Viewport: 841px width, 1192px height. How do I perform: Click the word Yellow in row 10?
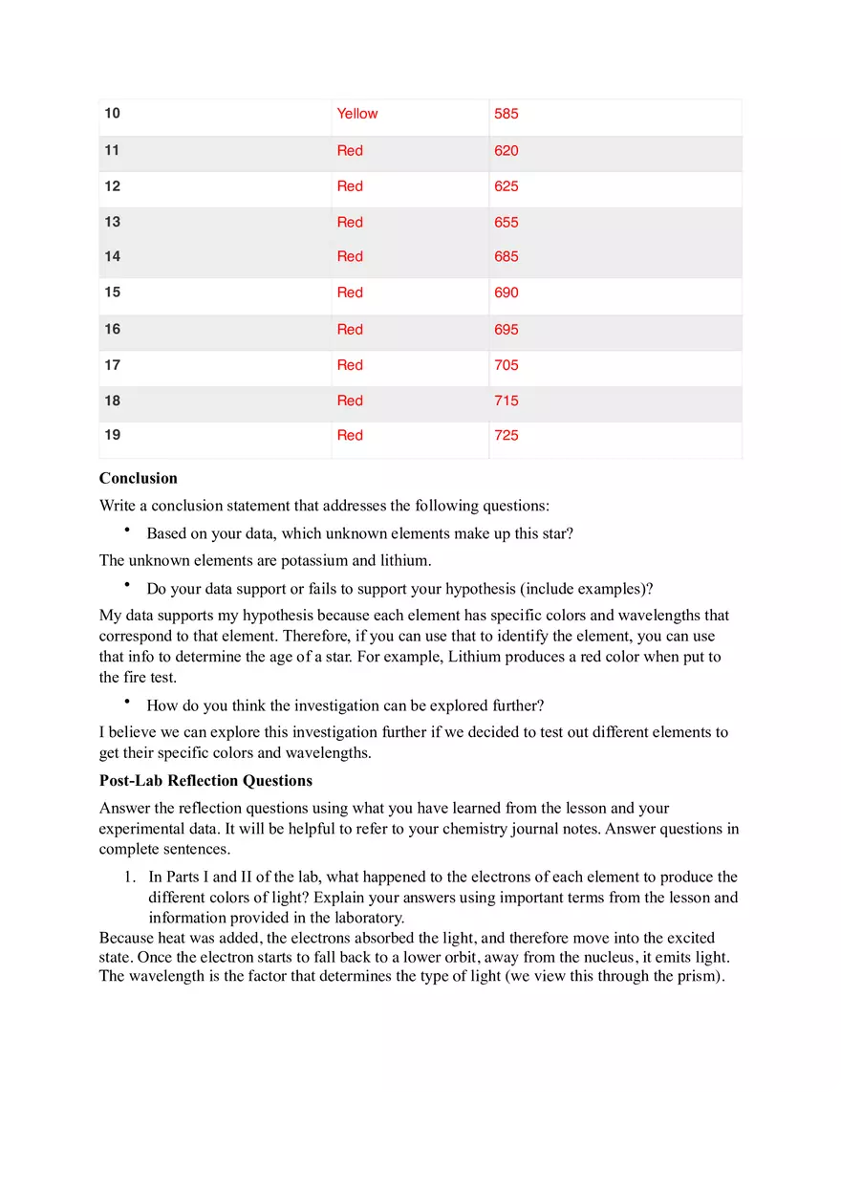(356, 114)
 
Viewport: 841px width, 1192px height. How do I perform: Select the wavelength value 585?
(506, 114)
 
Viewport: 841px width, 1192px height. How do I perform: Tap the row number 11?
(113, 150)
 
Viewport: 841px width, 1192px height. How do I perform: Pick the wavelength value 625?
(506, 186)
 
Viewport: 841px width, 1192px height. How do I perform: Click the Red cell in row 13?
(350, 223)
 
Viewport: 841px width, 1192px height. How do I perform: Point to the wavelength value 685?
(506, 256)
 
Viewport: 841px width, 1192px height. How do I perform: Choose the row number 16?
(113, 329)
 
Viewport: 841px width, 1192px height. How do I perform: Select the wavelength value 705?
(506, 365)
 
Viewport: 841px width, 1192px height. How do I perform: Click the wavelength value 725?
(506, 436)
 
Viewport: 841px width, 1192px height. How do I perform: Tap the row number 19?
(113, 435)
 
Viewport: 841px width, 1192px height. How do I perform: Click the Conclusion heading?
(138, 478)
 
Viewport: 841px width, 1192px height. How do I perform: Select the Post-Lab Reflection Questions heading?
(205, 781)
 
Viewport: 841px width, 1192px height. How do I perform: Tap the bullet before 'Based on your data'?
(125, 531)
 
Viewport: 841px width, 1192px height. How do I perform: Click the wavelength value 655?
(506, 223)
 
